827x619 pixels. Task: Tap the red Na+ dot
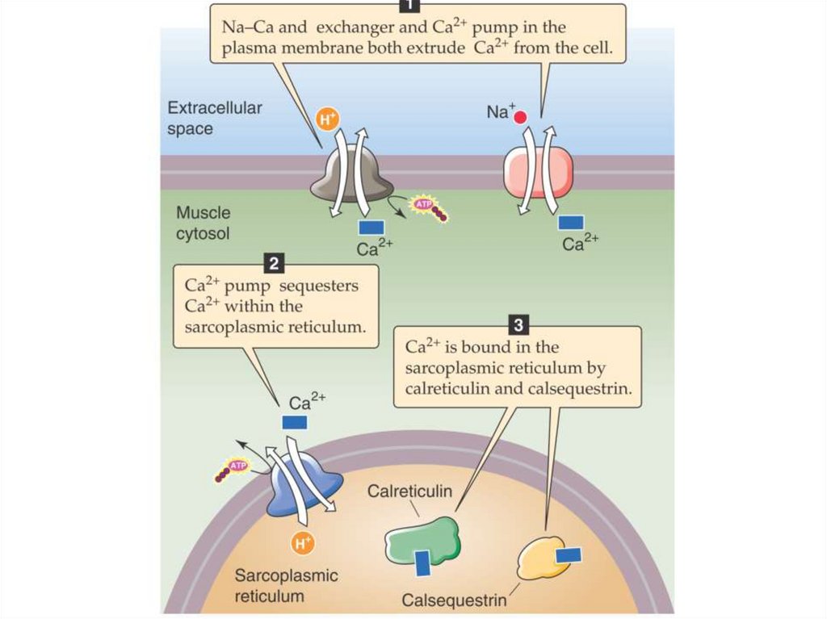point(520,117)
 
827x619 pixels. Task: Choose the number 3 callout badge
point(517,325)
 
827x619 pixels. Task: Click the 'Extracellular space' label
point(214,118)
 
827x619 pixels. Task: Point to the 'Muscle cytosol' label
point(204,224)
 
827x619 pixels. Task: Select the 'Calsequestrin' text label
point(454,600)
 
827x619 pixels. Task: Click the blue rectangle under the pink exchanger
point(571,221)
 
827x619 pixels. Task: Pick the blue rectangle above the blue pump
point(294,421)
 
